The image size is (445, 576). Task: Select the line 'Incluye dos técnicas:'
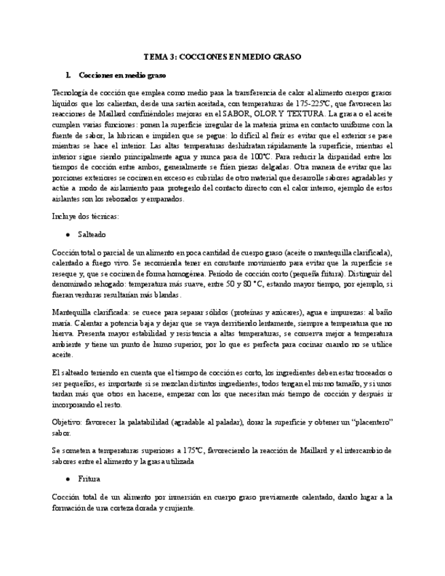[85, 216]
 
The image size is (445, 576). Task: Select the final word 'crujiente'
[178, 507]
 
